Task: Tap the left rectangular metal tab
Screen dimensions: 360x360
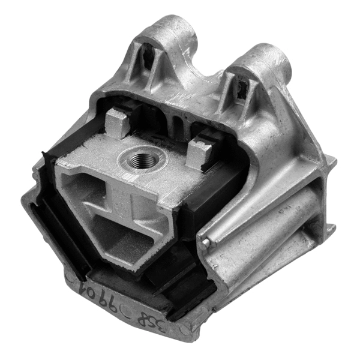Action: (117, 124)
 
